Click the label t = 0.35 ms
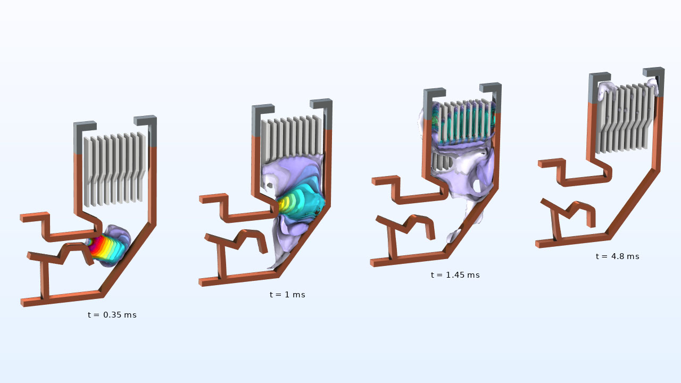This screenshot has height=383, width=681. [112, 315]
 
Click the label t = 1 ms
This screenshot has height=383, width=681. [287, 295]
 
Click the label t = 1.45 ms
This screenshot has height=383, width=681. [455, 275]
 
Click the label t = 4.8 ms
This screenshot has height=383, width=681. [617, 256]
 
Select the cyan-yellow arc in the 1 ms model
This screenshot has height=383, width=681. [298, 204]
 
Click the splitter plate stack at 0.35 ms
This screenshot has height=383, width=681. [114, 168]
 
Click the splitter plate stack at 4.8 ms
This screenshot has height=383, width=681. [625, 117]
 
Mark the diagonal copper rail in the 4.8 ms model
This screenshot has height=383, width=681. [633, 202]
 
